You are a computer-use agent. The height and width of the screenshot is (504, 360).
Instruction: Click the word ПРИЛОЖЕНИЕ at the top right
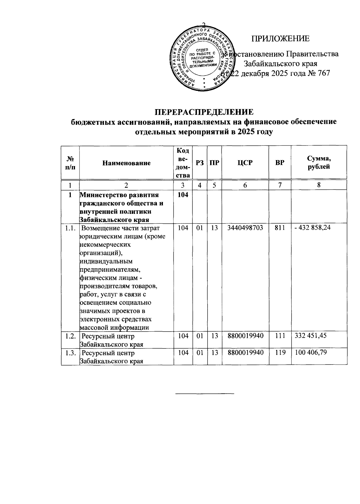(x=280, y=39)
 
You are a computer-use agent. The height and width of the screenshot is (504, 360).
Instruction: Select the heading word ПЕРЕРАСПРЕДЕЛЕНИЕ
(x=204, y=112)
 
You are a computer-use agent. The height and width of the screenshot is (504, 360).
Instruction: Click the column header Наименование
(x=126, y=163)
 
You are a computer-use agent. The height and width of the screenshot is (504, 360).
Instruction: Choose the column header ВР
(x=280, y=163)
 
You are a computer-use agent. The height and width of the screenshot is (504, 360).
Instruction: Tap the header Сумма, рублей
(x=319, y=163)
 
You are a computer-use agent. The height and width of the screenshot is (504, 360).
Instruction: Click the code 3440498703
(x=245, y=228)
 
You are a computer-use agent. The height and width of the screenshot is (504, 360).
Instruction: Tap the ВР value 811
(x=280, y=228)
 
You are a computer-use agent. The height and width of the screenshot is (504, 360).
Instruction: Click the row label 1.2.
(x=70, y=336)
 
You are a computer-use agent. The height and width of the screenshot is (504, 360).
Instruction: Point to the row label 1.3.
(x=70, y=353)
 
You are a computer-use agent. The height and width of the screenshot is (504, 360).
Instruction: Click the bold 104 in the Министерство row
(x=183, y=195)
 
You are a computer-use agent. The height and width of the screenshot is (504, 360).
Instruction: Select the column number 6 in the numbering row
(x=245, y=185)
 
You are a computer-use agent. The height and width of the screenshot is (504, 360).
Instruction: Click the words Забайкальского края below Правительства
(x=280, y=64)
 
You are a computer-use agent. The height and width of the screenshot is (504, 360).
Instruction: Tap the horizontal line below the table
(x=204, y=393)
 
